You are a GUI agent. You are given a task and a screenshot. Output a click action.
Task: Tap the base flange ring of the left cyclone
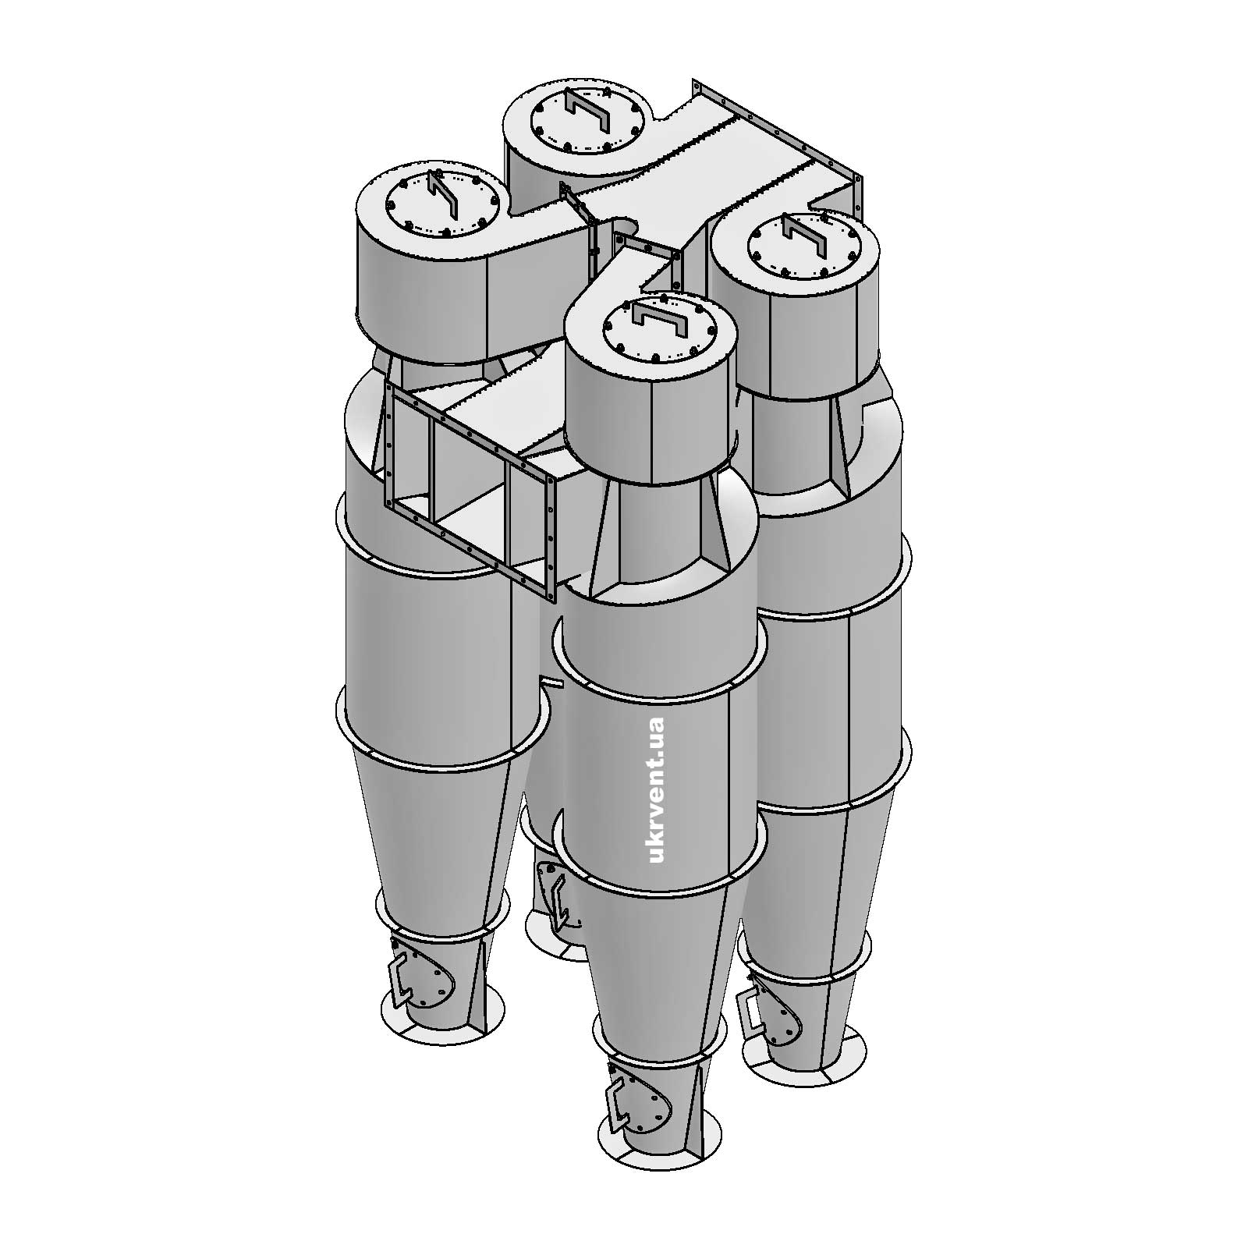pos(441,1033)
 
